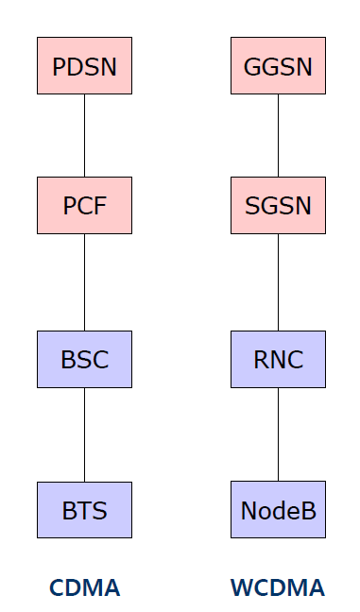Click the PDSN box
pyautogui.click(x=84, y=66)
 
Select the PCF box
pyautogui.click(x=84, y=205)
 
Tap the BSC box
pyautogui.click(x=84, y=359)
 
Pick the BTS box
pyautogui.click(x=84, y=510)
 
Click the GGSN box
pyautogui.click(x=278, y=66)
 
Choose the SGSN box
pyautogui.click(x=278, y=205)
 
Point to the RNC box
pyautogui.click(x=278, y=359)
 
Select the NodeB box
pyautogui.click(x=278, y=510)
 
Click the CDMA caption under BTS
pyautogui.click(x=84, y=588)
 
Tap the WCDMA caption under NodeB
pyautogui.click(x=278, y=588)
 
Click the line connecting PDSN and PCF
pyautogui.click(x=84, y=135)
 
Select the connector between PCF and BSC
pyautogui.click(x=84, y=281)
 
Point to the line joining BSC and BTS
pyautogui.click(x=84, y=434)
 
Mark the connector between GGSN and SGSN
pyautogui.click(x=278, y=135)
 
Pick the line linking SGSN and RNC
pyautogui.click(x=278, y=281)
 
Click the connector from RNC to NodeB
pyautogui.click(x=278, y=434)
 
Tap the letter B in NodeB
pyautogui.click(x=308, y=511)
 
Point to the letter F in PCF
pyautogui.click(x=99, y=206)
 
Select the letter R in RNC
pyautogui.click(x=261, y=360)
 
